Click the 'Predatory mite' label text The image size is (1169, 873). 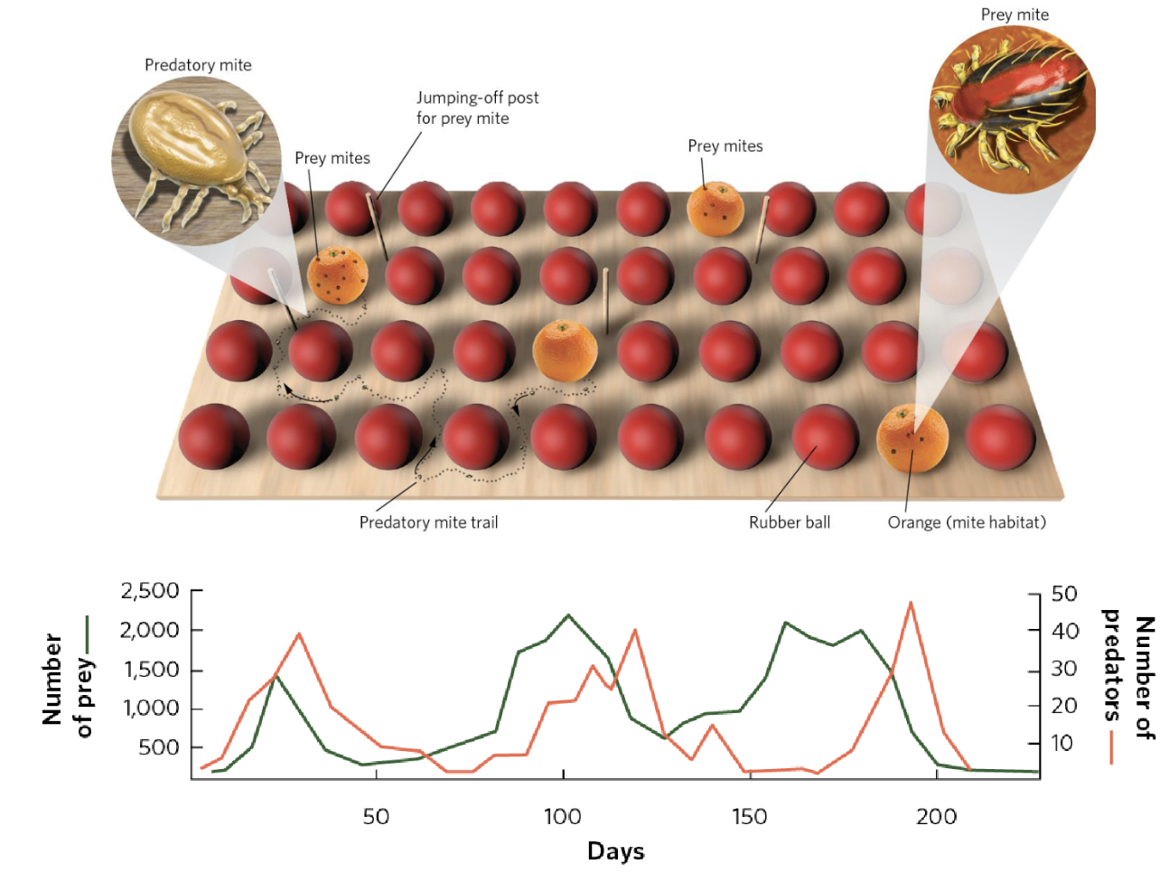tap(198, 65)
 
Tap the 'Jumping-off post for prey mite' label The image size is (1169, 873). tap(476, 108)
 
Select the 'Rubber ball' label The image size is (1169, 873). tap(789, 522)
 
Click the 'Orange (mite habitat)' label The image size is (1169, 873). tap(966, 522)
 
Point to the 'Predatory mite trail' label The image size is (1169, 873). tap(428, 522)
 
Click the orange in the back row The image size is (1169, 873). tap(715, 209)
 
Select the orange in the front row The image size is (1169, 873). tap(912, 439)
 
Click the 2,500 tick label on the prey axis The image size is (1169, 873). tap(150, 591)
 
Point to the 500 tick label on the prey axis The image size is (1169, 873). tap(158, 747)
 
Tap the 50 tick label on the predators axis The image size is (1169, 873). tap(1064, 594)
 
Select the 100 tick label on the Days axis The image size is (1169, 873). tap(562, 817)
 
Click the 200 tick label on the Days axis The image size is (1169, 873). tap(936, 817)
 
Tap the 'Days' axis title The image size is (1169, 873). tap(615, 851)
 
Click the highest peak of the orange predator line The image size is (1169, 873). tap(910, 603)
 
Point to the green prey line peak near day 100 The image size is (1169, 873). tap(567, 615)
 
